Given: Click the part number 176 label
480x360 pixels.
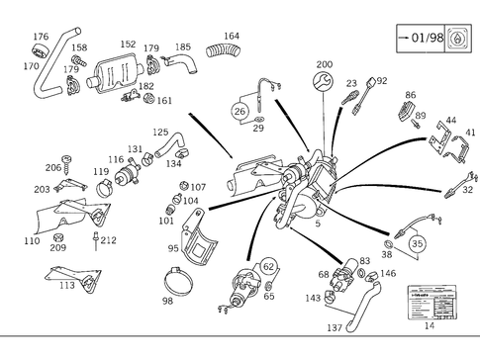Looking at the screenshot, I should point(41,37).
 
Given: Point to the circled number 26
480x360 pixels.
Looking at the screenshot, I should point(240,112).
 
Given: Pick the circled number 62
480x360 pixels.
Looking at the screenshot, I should point(268,266).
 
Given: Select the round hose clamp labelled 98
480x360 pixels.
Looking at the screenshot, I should point(181,283).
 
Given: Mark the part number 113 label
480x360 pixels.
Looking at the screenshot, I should point(67,286).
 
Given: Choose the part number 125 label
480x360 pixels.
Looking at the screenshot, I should point(160,132).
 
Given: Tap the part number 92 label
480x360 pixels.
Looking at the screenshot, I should point(381,80).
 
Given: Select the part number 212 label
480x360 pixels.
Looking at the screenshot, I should point(108,239).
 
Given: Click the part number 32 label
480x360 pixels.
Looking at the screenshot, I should point(468,189).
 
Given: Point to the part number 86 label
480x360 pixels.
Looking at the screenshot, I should point(410,95).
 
